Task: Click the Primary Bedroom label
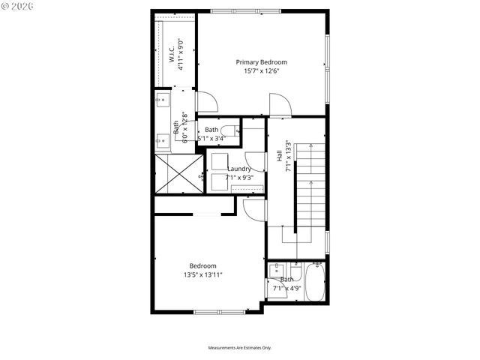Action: pyautogui.click(x=261, y=62)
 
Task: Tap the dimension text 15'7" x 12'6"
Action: pyautogui.click(x=261, y=71)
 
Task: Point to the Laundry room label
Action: pyautogui.click(x=239, y=169)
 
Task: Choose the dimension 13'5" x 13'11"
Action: pyautogui.click(x=202, y=275)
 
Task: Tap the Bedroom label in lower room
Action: pyautogui.click(x=202, y=266)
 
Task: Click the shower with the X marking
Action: pyautogui.click(x=179, y=174)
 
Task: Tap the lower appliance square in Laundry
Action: pyautogui.click(x=219, y=183)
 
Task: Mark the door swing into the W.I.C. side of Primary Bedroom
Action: pyautogui.click(x=206, y=102)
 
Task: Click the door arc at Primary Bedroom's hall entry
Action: pyautogui.click(x=279, y=105)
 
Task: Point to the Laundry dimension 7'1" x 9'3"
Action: pyautogui.click(x=240, y=178)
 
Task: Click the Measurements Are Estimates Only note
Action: pyautogui.click(x=239, y=348)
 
